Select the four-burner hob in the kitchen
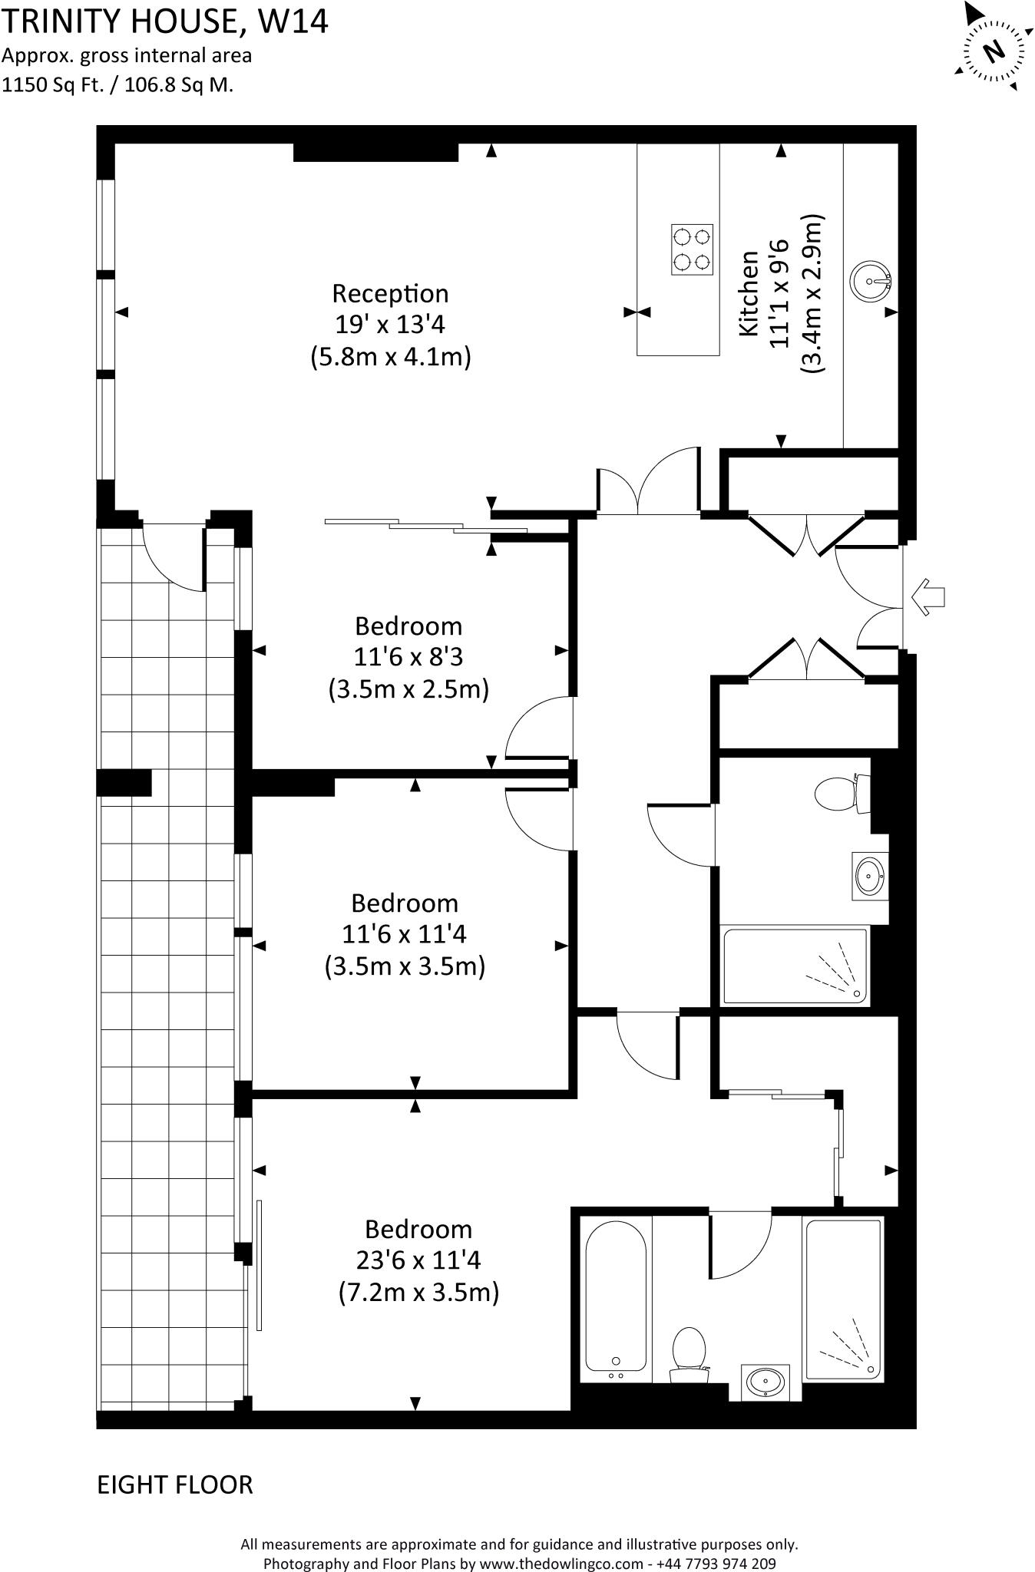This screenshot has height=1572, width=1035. [692, 249]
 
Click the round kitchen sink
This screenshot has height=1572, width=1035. [871, 281]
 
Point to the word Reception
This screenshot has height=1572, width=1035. [390, 293]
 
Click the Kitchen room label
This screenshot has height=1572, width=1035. [749, 293]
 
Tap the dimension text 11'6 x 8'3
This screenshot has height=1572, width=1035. [408, 658]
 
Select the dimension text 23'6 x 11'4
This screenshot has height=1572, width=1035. [418, 1260]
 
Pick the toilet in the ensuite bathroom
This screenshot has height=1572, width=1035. [689, 1355]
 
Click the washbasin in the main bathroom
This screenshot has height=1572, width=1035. [870, 876]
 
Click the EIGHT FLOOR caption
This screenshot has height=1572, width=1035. [175, 1484]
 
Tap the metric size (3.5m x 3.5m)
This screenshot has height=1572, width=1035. [405, 966]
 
